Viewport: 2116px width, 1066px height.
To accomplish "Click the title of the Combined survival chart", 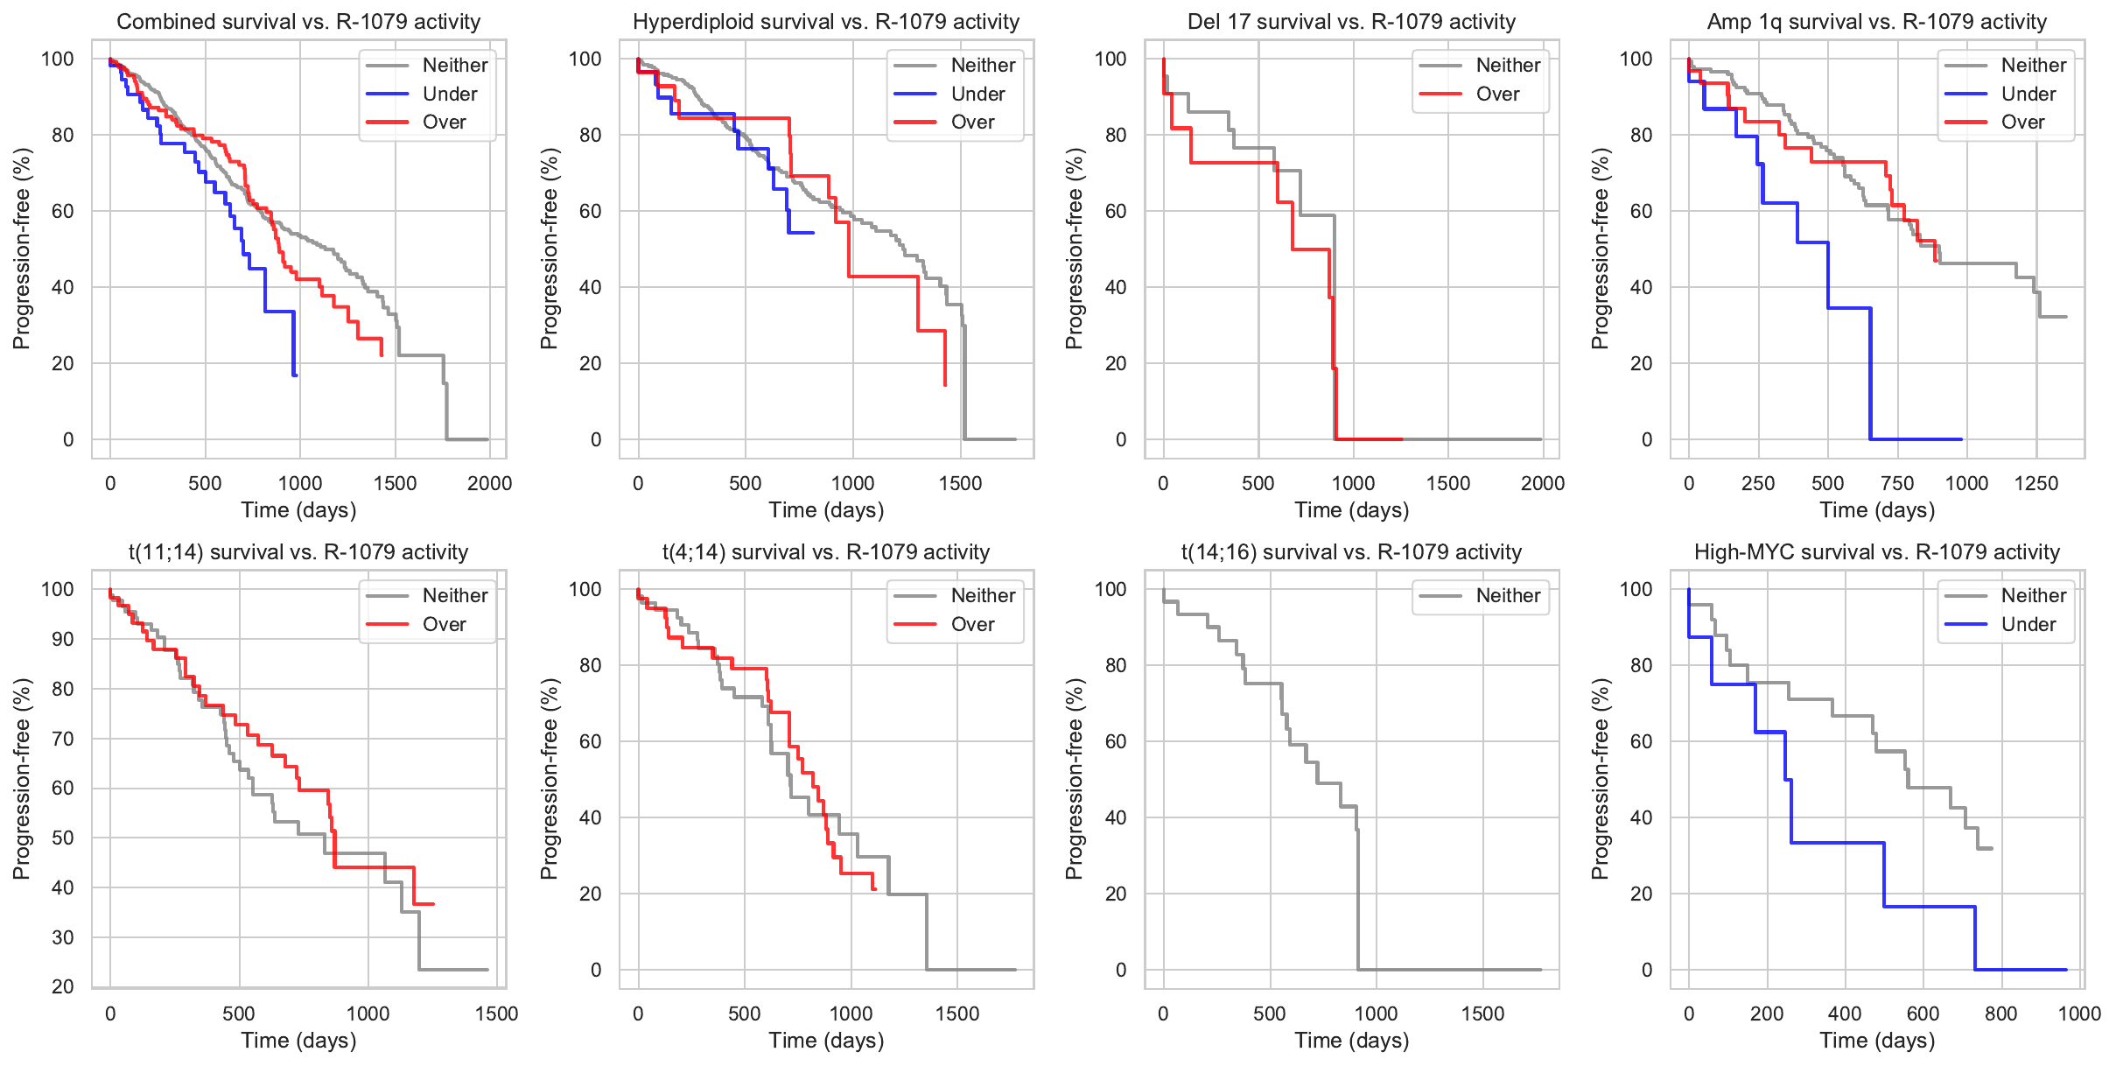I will pyautogui.click(x=298, y=22).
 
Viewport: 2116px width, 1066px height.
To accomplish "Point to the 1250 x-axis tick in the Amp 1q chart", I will pyautogui.click(x=2035, y=483).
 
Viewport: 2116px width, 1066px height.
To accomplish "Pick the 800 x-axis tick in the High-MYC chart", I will pyautogui.click(x=2000, y=1013).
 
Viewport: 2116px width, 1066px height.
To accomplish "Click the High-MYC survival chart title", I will pyautogui.click(x=1876, y=552).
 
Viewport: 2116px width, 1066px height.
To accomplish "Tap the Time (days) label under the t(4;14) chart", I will pyautogui.click(x=826, y=1041).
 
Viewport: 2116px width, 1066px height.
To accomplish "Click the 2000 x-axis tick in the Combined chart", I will pyautogui.click(x=489, y=483).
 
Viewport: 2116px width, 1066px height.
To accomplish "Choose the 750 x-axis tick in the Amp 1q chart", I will pyautogui.click(x=1897, y=483).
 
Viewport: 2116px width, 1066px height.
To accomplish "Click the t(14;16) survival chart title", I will pyautogui.click(x=1351, y=552).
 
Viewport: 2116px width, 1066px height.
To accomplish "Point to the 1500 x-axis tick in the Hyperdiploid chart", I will pyautogui.click(x=960, y=483).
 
